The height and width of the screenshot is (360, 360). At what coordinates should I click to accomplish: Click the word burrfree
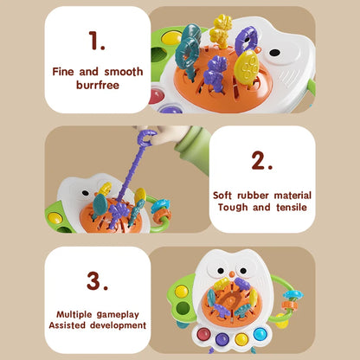click(97, 86)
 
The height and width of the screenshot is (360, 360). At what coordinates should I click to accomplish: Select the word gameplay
click(115, 313)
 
